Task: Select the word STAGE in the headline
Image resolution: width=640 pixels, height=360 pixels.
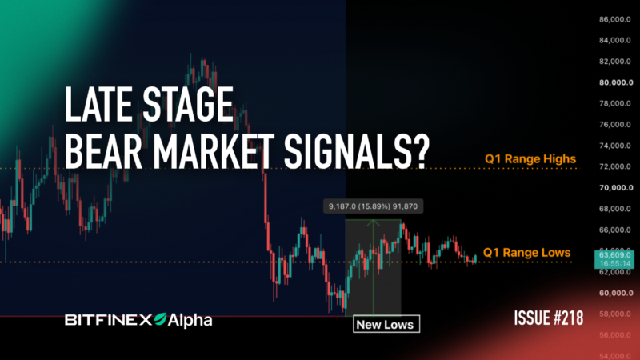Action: click(x=188, y=105)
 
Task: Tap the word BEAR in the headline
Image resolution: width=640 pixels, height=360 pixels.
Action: click(x=103, y=151)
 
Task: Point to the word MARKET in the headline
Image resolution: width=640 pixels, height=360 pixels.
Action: click(x=214, y=151)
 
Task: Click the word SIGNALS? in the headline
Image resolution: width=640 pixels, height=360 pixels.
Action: click(x=357, y=151)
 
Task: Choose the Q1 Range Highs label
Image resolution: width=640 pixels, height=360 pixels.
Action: click(x=530, y=158)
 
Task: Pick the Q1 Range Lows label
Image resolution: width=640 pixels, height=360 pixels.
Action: click(x=526, y=253)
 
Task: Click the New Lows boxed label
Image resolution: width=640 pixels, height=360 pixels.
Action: click(x=386, y=324)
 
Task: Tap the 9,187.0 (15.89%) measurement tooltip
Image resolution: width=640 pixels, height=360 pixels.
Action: click(x=373, y=206)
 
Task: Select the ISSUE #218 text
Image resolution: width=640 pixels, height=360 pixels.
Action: click(x=549, y=318)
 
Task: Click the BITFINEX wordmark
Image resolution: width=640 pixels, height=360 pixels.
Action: click(x=108, y=320)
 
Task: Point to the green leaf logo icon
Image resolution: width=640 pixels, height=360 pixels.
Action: click(x=160, y=319)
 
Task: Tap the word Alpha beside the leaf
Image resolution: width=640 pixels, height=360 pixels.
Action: click(x=190, y=321)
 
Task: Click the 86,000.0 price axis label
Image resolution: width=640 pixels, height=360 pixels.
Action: click(x=615, y=19)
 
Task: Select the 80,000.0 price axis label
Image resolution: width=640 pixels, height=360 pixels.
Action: click(x=616, y=82)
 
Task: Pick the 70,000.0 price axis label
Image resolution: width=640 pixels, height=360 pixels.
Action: click(x=616, y=188)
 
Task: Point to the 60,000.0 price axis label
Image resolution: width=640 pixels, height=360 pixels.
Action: click(x=616, y=293)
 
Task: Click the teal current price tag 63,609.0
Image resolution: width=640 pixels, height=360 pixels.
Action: click(x=614, y=258)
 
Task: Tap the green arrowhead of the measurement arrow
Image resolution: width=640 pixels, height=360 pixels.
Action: click(x=373, y=223)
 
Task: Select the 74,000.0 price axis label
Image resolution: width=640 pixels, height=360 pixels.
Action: click(x=615, y=146)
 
